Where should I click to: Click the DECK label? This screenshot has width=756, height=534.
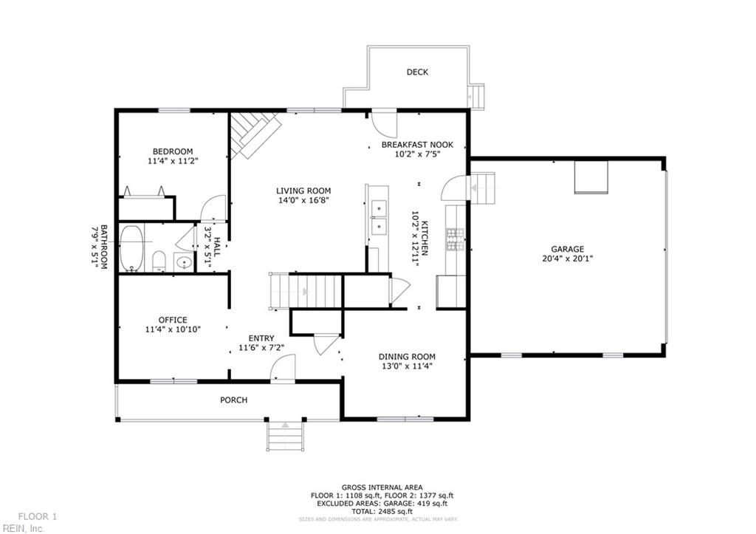point(417,72)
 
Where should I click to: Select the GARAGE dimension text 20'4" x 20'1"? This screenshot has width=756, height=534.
point(567,259)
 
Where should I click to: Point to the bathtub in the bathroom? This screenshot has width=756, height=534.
point(131,247)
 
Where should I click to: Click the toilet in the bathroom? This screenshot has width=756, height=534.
point(158,261)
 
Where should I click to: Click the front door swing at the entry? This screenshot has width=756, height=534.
point(283,368)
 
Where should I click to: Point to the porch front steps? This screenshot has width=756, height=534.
point(285,435)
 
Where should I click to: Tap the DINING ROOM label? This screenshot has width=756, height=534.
point(407,356)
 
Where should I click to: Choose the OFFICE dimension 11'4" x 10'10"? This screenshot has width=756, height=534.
point(173,330)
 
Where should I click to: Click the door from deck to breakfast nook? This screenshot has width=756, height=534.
point(384,121)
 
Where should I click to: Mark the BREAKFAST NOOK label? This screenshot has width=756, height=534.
point(417,145)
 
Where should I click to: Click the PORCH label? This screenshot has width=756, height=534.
point(233,400)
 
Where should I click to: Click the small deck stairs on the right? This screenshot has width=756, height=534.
point(478,96)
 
